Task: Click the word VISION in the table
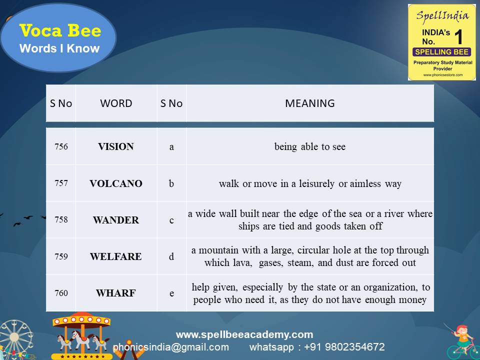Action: [116, 146]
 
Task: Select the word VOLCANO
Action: [116, 183]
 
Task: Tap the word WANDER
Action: [116, 220]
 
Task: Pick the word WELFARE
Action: [116, 257]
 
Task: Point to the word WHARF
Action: [116, 293]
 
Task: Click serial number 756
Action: [61, 146]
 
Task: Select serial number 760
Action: [61, 293]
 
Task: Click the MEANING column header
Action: [310, 103]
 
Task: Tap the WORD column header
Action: [116, 103]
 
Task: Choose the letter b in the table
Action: [171, 183]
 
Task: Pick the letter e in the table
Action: [171, 293]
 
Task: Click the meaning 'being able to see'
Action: [310, 146]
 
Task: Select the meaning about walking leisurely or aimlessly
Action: [310, 183]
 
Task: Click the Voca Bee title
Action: [60, 31]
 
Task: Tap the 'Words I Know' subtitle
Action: [59, 49]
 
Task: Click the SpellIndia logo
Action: [442, 42]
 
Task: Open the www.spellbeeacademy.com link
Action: [244, 334]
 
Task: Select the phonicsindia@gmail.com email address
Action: [171, 347]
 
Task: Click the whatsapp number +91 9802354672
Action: [317, 347]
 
